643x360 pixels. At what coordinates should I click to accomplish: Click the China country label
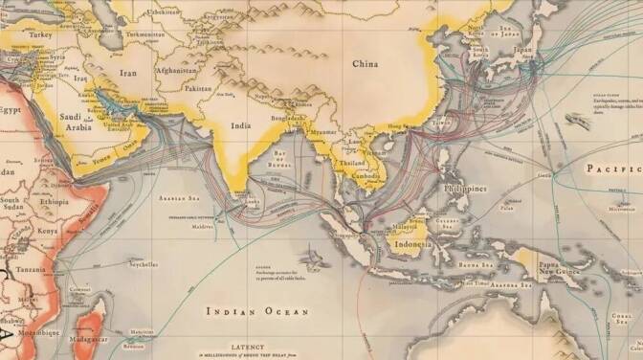coord(365,64)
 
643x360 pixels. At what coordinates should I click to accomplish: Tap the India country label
coord(242,124)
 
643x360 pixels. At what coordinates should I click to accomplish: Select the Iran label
coord(127,72)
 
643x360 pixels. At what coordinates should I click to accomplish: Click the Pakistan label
coord(197,88)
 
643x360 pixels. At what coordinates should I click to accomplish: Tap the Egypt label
coord(10,110)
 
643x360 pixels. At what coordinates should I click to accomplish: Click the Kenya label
coord(48,231)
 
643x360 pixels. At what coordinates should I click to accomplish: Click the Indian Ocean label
coord(258,311)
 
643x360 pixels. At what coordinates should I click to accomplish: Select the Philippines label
coord(466,189)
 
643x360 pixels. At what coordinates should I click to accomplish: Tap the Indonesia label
coord(412,244)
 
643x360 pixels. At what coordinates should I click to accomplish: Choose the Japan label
coord(522,49)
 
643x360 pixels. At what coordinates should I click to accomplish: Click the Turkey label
coord(40,34)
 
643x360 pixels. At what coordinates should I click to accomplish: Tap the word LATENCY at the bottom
coord(254,346)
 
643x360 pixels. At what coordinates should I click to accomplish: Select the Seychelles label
coord(144,265)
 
